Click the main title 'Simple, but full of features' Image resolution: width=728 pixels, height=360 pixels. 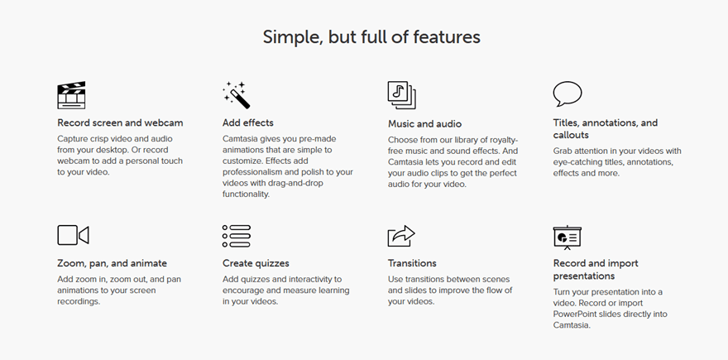click(x=371, y=36)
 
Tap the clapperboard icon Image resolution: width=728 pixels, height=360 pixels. click(x=71, y=95)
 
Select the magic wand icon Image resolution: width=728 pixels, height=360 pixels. click(x=236, y=95)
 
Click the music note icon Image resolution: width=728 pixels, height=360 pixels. click(x=401, y=95)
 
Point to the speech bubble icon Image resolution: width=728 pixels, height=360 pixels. click(x=568, y=94)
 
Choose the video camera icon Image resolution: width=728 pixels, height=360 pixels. click(x=73, y=235)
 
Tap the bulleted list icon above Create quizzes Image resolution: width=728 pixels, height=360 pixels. click(x=237, y=236)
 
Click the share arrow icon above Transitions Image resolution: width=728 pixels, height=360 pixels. click(x=401, y=236)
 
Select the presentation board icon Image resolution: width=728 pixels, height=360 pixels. click(x=568, y=237)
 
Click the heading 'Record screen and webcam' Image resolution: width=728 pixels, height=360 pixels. click(x=120, y=123)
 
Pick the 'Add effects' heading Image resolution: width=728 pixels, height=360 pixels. click(x=248, y=123)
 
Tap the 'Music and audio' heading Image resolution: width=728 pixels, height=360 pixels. click(x=424, y=124)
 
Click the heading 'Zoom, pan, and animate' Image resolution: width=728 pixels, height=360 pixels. click(x=112, y=264)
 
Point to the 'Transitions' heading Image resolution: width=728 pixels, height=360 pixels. click(x=412, y=264)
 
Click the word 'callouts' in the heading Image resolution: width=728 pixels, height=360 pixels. click(x=571, y=135)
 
